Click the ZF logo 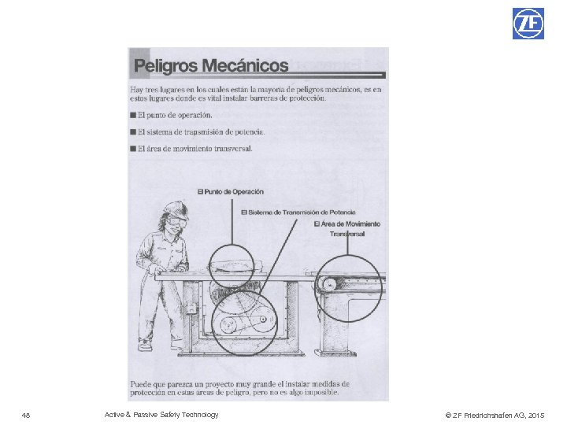coord(528,23)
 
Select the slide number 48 coord(26,415)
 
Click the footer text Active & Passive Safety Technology coord(161,415)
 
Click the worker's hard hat coord(175,210)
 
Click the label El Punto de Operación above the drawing coord(230,191)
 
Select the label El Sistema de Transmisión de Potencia coord(298,212)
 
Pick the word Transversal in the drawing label coord(347,234)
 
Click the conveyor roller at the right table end coord(329,285)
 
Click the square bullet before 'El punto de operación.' coord(132,116)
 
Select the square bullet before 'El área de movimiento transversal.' coord(132,149)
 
